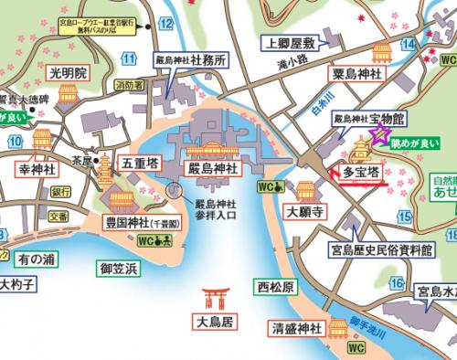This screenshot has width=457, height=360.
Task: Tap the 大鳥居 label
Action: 216,322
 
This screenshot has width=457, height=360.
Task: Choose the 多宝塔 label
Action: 360,170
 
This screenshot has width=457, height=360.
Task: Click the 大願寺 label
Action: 306,212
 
